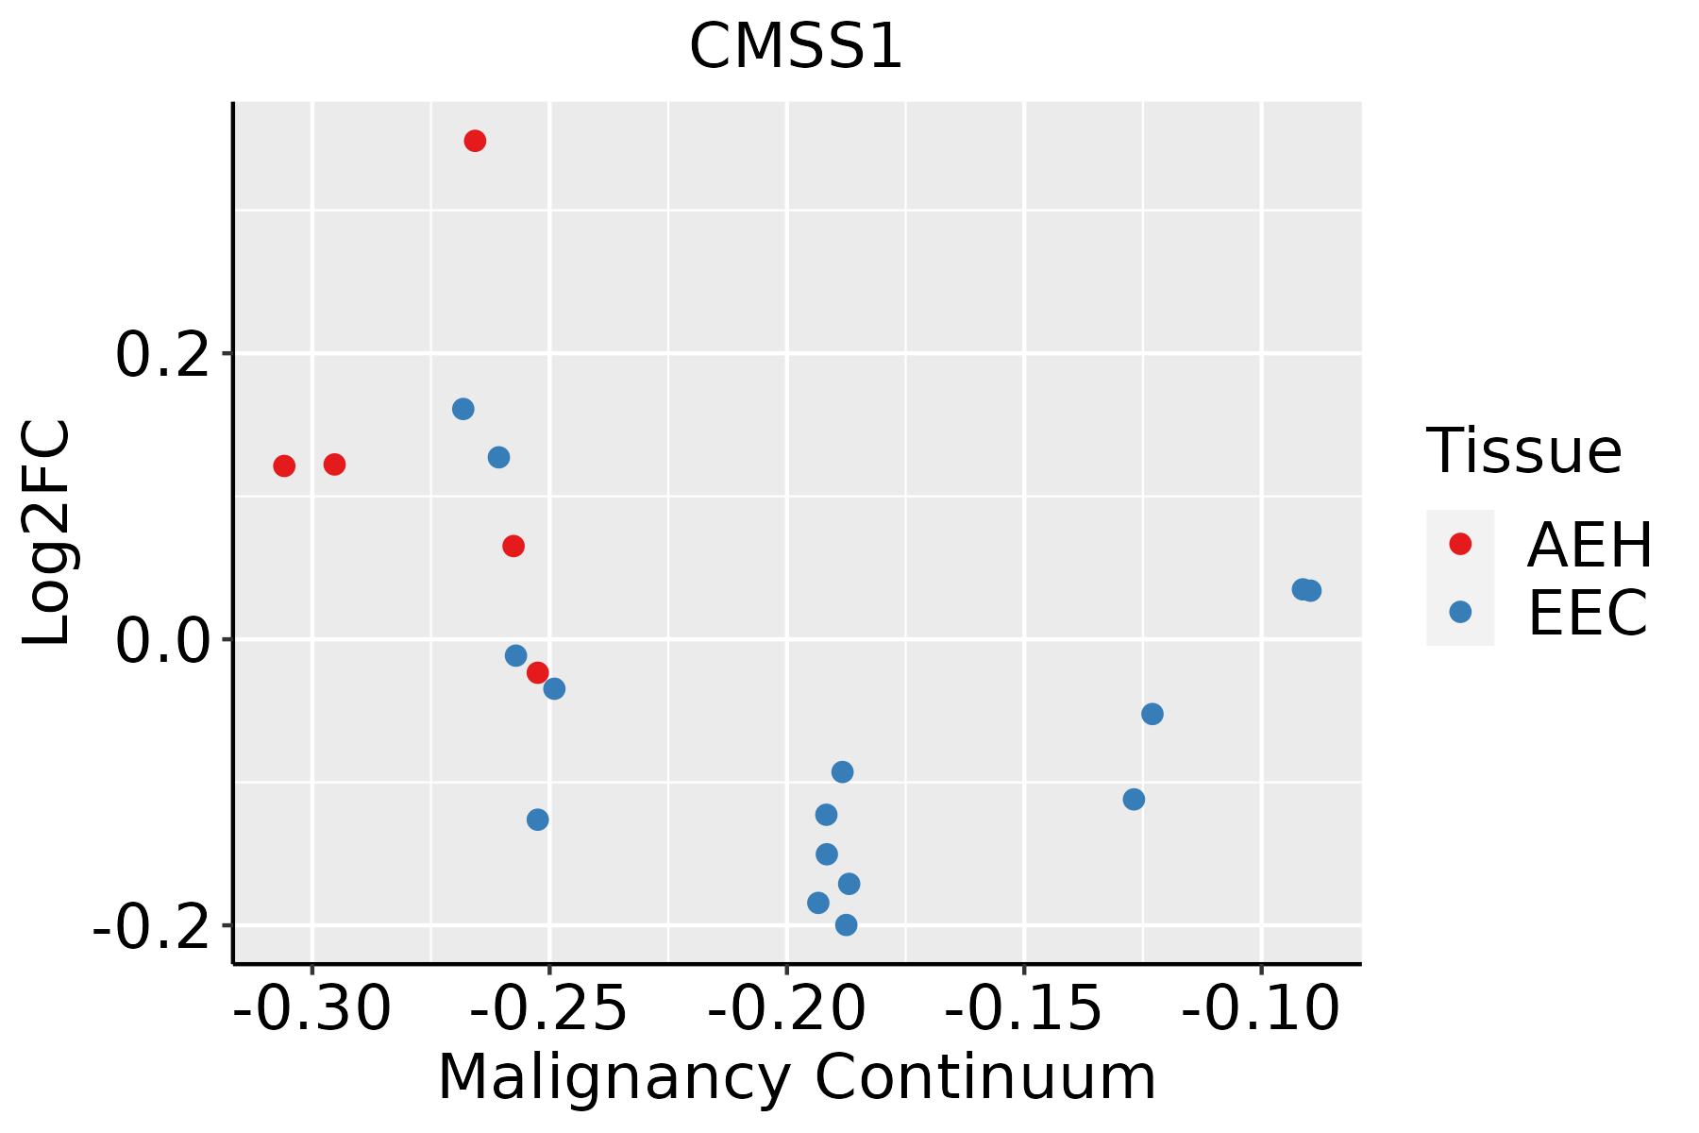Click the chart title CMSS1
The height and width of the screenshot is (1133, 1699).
click(796, 47)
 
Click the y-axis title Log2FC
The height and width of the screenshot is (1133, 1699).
click(47, 533)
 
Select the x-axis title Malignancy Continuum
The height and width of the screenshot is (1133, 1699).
click(796, 1077)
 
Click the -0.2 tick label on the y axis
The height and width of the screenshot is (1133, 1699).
click(151, 927)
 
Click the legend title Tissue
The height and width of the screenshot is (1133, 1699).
click(1523, 451)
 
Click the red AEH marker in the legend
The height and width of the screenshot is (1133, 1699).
click(1460, 544)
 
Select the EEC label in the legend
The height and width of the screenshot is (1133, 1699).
click(1588, 614)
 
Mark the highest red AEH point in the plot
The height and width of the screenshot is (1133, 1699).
click(475, 141)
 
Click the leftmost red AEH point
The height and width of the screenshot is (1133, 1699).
click(284, 465)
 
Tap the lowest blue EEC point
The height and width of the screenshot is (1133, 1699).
click(847, 924)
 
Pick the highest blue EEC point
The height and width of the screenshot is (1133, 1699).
click(463, 409)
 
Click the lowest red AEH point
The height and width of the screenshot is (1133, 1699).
click(538, 672)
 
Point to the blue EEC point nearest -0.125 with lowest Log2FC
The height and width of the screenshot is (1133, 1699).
click(1134, 800)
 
